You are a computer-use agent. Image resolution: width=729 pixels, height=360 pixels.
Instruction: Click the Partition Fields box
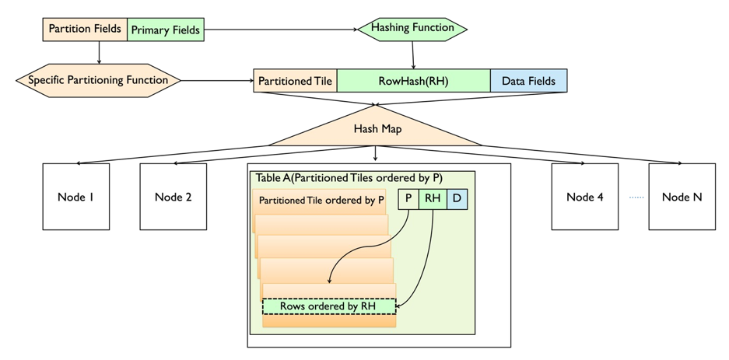pos(84,30)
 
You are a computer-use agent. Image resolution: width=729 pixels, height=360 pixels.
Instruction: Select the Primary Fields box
pos(165,30)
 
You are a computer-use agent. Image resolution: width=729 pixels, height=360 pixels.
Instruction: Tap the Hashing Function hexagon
pos(412,29)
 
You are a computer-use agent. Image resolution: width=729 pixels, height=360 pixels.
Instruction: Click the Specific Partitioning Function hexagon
pos(98,80)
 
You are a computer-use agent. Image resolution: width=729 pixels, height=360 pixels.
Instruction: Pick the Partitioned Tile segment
pos(295,81)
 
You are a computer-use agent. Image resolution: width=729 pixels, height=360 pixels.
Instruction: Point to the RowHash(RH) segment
pos(413,81)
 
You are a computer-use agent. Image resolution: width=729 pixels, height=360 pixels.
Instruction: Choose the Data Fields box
pos(528,81)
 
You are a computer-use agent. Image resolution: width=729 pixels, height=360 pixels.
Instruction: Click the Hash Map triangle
pos(377,129)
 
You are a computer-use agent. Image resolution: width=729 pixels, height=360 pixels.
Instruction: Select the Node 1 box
pos(75,197)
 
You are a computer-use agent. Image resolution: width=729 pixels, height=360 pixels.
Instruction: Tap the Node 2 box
pos(173,197)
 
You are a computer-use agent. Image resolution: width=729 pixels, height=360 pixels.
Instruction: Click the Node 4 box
pos(584,197)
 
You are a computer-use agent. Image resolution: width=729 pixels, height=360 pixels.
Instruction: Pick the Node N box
pos(682,197)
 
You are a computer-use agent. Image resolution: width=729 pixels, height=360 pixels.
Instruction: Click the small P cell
pos(408,199)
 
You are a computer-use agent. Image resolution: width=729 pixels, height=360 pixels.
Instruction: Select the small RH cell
pos(433,199)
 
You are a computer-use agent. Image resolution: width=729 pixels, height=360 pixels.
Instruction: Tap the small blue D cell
pos(457,199)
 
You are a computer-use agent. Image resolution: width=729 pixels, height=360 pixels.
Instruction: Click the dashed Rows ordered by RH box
pos(328,306)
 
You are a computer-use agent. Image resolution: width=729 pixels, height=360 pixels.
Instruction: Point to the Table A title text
pos(349,178)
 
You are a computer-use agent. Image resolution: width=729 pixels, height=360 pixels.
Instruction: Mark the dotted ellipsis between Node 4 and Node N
pos(636,197)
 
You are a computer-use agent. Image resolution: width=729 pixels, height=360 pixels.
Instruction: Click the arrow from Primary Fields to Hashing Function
pos(280,30)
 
